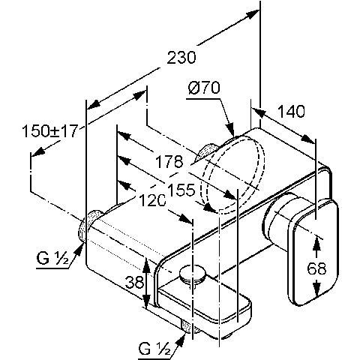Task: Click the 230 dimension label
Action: tap(181, 58)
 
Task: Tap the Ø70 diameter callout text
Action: tap(204, 88)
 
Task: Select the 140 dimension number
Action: tap(291, 111)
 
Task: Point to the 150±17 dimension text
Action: tap(50, 130)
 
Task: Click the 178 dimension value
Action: tap(169, 161)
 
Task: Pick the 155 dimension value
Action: tap(181, 190)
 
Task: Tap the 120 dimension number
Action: tap(152, 200)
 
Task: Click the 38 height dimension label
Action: tap(134, 282)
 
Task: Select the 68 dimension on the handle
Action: tap(316, 269)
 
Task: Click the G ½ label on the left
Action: tap(52, 258)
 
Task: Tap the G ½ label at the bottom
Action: tap(154, 349)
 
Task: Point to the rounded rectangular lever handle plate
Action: tap(313, 252)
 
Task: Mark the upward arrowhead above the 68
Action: tap(316, 242)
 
